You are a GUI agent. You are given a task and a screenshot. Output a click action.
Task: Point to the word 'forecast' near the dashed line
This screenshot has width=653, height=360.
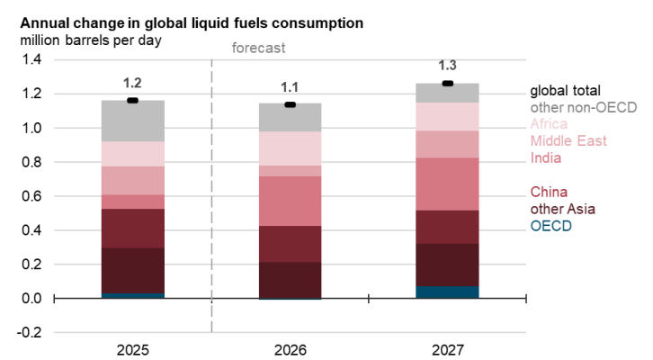(259, 48)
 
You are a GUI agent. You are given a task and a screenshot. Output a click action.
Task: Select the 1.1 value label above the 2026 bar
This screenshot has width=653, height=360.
(290, 88)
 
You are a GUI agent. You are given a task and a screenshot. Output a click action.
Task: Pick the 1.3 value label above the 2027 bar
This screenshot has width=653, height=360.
(447, 66)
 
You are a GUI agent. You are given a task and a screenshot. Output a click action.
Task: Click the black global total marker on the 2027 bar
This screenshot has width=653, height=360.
(447, 84)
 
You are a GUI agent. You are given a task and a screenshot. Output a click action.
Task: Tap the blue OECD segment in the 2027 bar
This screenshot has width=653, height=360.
(447, 292)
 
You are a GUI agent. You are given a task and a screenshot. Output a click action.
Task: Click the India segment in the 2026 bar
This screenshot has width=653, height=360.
(290, 201)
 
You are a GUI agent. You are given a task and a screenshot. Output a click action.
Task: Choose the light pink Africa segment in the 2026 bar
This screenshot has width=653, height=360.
(290, 148)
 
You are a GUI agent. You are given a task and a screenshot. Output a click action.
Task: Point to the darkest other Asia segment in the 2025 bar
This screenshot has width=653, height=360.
(132, 270)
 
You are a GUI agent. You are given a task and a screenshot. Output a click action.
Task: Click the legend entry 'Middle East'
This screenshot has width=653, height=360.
(568, 141)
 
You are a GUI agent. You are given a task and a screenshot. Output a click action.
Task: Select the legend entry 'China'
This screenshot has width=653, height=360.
(549, 192)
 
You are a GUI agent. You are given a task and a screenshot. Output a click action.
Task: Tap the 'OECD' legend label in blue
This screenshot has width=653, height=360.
(550, 226)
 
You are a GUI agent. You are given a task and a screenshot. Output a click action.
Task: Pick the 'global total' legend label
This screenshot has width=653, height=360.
(565, 91)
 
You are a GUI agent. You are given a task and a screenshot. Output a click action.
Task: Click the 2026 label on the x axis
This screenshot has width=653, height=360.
(290, 348)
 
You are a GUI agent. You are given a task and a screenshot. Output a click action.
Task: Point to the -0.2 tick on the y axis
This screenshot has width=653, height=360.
(31, 332)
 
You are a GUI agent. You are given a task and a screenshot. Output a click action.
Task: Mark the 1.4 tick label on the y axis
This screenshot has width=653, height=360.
(32, 60)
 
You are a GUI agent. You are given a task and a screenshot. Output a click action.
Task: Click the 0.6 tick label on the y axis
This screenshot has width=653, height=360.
(32, 196)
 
